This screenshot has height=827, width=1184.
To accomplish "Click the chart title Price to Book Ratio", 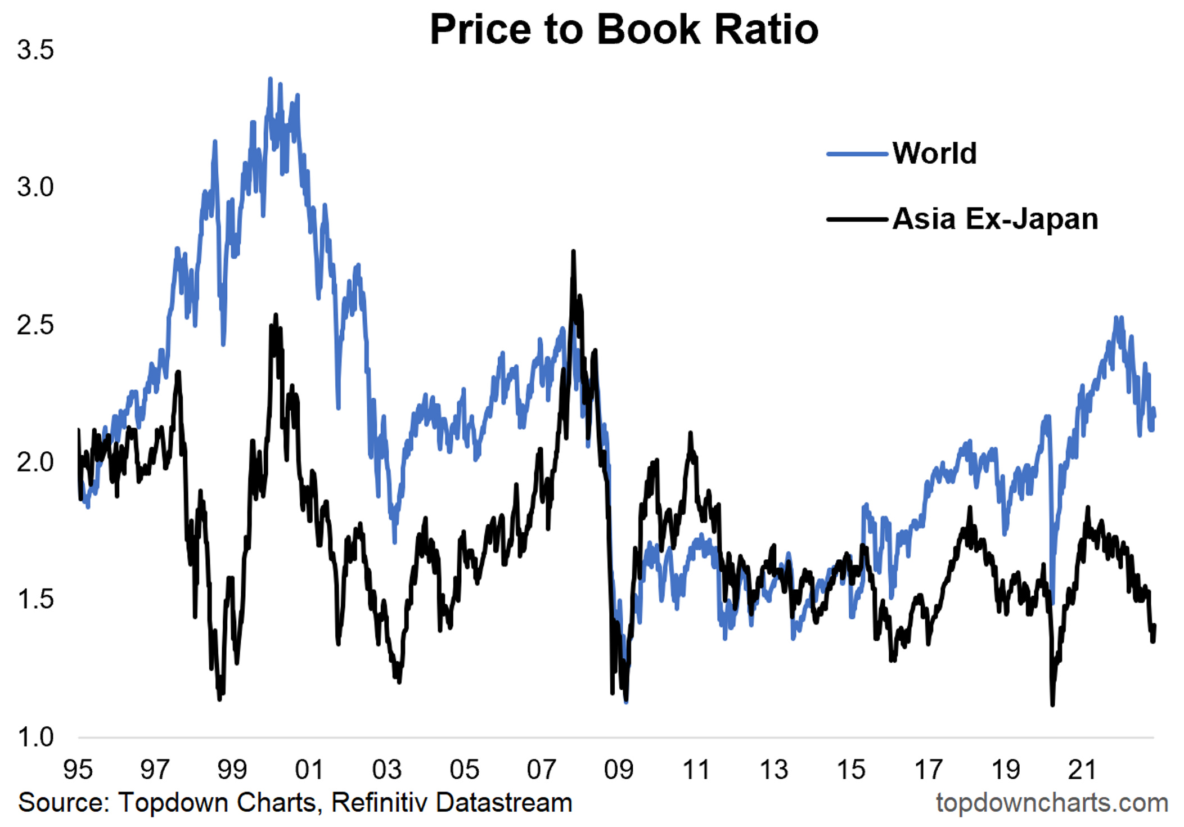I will (x=624, y=29).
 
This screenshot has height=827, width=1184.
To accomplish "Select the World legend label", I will (x=934, y=153).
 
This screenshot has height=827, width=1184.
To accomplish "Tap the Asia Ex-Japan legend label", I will (x=995, y=219).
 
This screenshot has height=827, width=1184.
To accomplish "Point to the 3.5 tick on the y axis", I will (x=35, y=50).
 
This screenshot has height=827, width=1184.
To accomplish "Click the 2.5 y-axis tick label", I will (x=35, y=325).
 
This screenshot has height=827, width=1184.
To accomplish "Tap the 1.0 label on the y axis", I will (x=35, y=737).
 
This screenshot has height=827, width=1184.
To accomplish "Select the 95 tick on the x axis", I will (x=78, y=769).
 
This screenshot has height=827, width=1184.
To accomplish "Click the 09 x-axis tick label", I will (x=619, y=769).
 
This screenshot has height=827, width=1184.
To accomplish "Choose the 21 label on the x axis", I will (x=1082, y=769).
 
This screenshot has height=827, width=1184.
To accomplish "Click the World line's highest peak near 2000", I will (x=270, y=79).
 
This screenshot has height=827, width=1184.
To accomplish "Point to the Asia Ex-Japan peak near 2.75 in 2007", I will (x=573, y=251).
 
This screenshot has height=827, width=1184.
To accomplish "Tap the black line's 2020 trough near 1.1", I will (x=1052, y=704).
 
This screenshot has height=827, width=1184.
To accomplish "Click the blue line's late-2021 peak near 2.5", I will (x=1117, y=318).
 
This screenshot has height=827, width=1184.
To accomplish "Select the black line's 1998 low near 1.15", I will (x=219, y=699).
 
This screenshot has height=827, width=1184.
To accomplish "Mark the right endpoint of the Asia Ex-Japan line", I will (x=1154, y=626).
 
